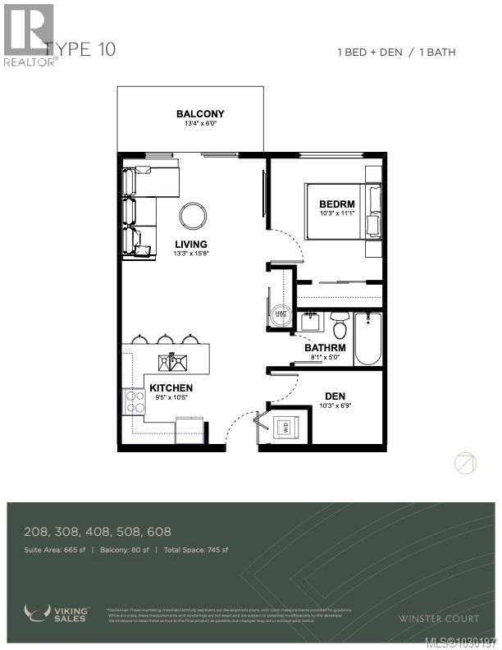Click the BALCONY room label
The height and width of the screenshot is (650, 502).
click(x=199, y=114)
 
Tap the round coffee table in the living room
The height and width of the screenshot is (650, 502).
click(x=194, y=217)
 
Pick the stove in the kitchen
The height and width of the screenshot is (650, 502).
click(x=134, y=401)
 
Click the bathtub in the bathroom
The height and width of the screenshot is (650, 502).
click(x=367, y=338)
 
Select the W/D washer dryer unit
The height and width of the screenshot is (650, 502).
click(x=286, y=427)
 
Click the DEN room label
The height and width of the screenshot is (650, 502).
click(x=335, y=395)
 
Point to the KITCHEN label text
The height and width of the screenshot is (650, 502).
click(x=172, y=387)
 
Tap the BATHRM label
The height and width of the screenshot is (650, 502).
click(x=325, y=348)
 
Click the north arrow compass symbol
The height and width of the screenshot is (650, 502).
click(x=465, y=464)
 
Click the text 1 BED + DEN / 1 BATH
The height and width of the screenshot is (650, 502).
click(x=396, y=53)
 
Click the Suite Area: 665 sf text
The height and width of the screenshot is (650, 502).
click(x=56, y=549)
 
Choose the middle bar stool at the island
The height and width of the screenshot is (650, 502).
click(x=166, y=338)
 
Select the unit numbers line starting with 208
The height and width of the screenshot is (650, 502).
click(x=98, y=532)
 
